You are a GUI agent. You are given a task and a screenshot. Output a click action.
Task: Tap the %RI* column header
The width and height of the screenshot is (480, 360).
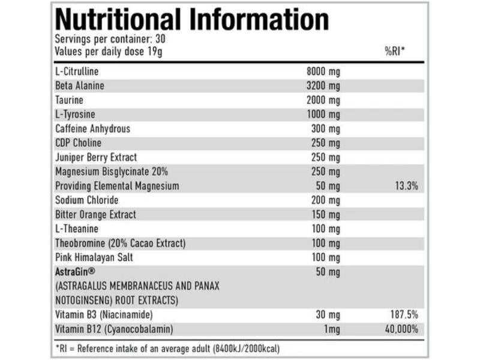point(395,52)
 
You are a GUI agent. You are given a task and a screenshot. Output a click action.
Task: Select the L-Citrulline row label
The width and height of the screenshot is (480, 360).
point(77,71)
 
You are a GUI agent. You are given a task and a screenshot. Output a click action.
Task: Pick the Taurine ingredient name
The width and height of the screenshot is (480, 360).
point(69,100)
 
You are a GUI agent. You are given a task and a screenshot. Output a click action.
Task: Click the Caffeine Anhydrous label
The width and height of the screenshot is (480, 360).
point(92,128)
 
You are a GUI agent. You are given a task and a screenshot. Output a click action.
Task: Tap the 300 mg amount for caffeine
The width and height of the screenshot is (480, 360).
point(327,128)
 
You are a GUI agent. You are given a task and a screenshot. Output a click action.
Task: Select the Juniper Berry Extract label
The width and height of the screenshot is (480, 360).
point(96,157)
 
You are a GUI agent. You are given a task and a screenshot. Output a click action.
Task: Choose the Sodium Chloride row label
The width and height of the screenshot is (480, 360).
point(86,200)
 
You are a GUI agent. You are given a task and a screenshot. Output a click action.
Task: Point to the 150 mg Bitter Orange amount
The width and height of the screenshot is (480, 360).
point(327,214)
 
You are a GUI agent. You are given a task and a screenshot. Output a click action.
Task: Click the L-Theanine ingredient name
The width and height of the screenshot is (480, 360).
point(76,229)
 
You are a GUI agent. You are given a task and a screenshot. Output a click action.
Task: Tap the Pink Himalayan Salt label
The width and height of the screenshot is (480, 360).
point(94,257)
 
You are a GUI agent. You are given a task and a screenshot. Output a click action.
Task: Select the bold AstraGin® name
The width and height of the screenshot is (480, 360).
point(75,272)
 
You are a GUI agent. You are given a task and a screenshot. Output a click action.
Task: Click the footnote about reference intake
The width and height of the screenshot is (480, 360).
point(167,348)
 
